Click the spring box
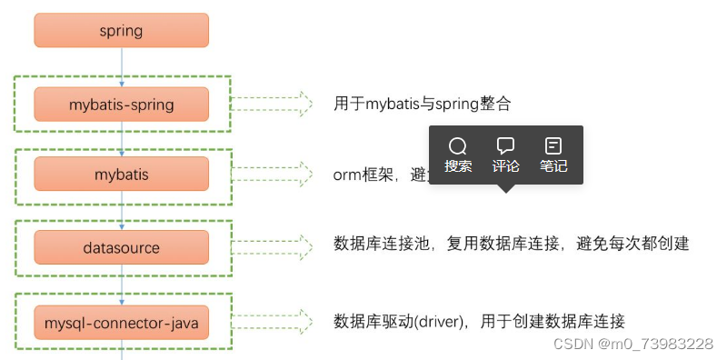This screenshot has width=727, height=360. (x=121, y=30)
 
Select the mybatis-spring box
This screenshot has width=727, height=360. (x=121, y=104)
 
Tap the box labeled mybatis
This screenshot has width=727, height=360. (x=121, y=174)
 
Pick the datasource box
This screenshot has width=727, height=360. (x=121, y=247)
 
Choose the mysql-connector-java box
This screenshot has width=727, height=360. (x=121, y=321)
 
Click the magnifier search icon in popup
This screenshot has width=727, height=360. (x=458, y=146)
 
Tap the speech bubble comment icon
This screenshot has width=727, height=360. (x=506, y=146)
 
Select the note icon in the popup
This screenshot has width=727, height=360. (x=553, y=146)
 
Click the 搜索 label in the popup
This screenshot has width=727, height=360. (x=458, y=166)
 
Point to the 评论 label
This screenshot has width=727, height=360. (x=506, y=166)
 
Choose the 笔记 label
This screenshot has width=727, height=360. (x=553, y=166)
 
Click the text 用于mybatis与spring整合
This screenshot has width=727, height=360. (x=423, y=104)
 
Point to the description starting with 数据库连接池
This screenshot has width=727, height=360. (x=512, y=244)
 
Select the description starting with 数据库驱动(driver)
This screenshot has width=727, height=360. (x=479, y=321)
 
